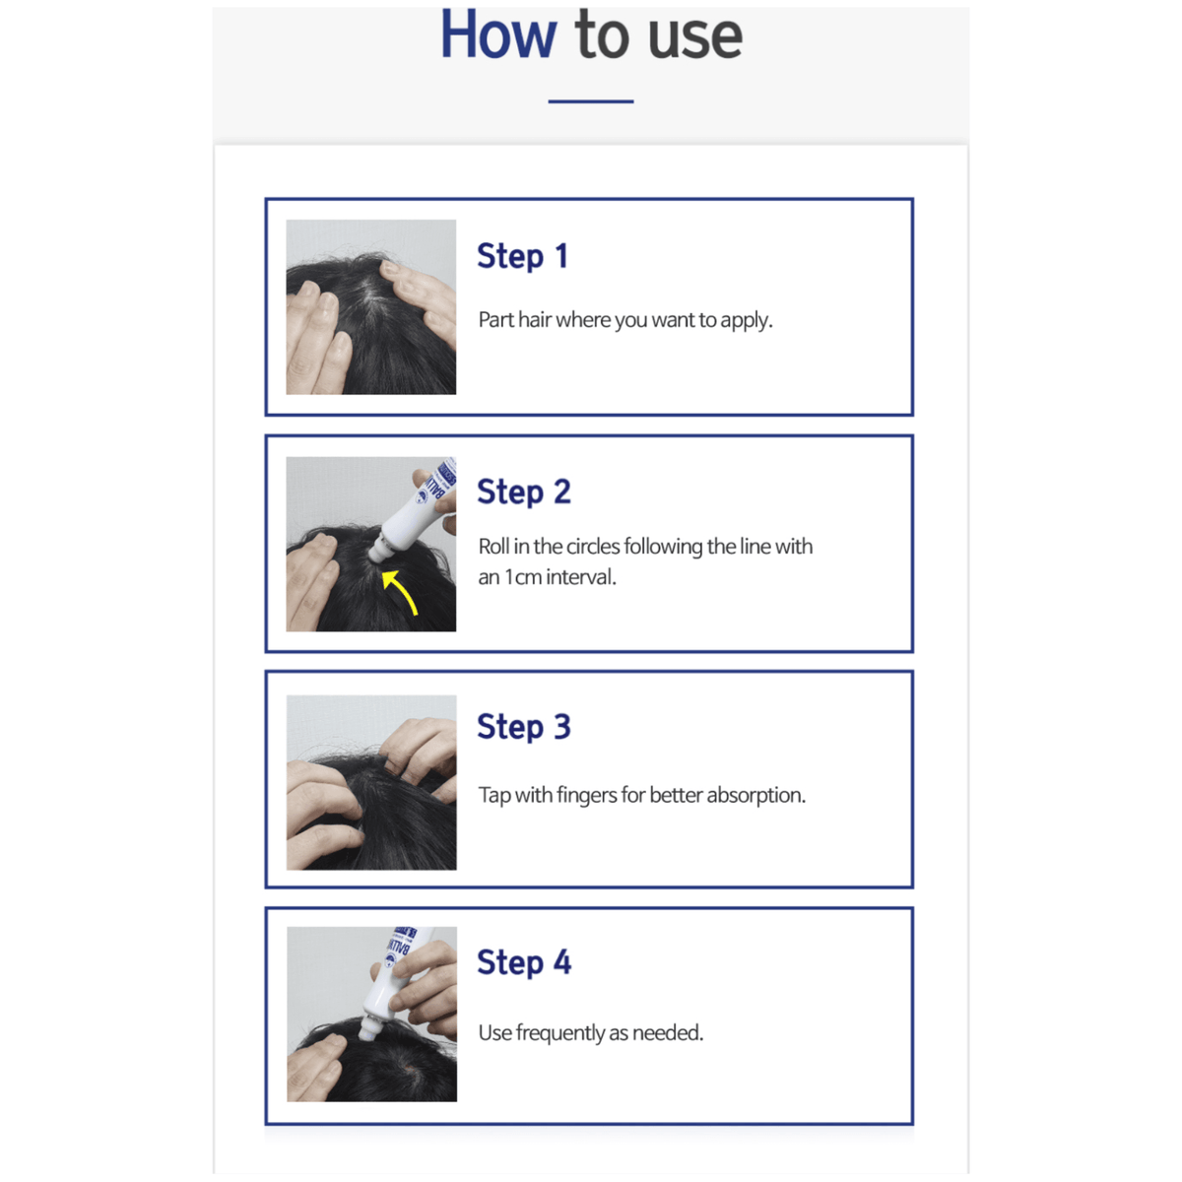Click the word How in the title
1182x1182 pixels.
point(497,35)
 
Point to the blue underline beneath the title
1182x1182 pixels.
point(591,100)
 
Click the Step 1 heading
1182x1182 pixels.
point(522,256)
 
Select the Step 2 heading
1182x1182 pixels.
point(523,492)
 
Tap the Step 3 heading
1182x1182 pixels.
point(523,727)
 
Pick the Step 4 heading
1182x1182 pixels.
point(523,962)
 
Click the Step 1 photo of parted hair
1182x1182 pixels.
point(370,307)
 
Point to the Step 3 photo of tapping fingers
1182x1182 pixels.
point(370,782)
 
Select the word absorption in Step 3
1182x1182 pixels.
point(755,796)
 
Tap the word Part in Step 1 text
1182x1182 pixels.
point(495,320)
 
